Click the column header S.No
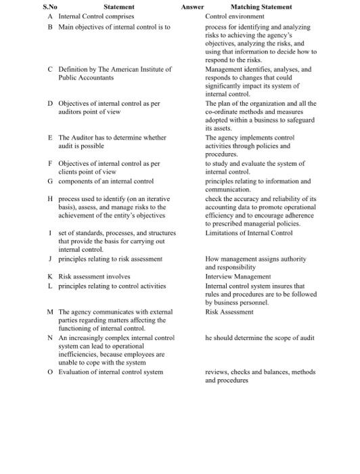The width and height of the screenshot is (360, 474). click(49, 7)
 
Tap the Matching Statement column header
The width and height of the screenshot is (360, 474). click(261, 7)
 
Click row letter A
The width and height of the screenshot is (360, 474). click(50, 16)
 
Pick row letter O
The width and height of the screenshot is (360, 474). click(50, 372)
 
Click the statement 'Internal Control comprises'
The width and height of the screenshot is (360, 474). click(96, 16)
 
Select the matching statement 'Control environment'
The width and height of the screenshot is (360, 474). click(233, 16)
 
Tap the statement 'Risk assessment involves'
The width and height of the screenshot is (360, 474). click(91, 276)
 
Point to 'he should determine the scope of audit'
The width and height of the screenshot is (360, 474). click(259, 337)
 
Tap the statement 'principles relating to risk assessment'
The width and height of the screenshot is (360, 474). click(110, 259)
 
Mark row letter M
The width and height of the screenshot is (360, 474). click(51, 311)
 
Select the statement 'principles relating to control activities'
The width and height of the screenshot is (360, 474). click(112, 285)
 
